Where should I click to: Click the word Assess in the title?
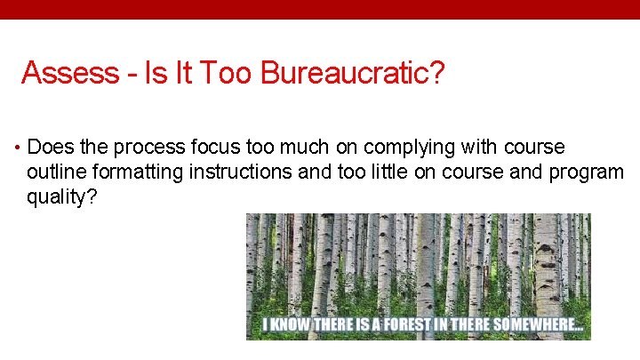pyautogui.click(x=69, y=73)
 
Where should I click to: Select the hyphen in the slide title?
pyautogui.click(x=132, y=75)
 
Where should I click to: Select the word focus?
pyautogui.click(x=209, y=147)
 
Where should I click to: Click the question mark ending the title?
pyautogui.click(x=436, y=73)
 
